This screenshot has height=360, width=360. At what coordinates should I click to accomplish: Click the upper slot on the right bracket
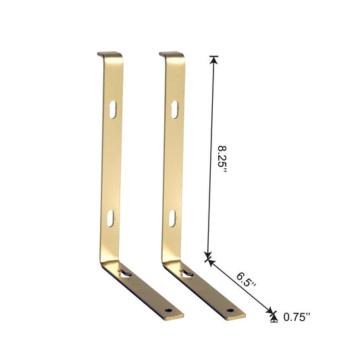174,109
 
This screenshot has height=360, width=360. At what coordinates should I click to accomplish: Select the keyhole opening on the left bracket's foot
126,274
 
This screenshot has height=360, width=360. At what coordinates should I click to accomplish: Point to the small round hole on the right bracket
230,311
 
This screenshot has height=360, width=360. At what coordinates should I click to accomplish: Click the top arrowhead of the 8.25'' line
215,59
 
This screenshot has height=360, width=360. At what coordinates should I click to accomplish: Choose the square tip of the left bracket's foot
180,317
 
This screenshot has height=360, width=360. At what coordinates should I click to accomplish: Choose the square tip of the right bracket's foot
242,315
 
